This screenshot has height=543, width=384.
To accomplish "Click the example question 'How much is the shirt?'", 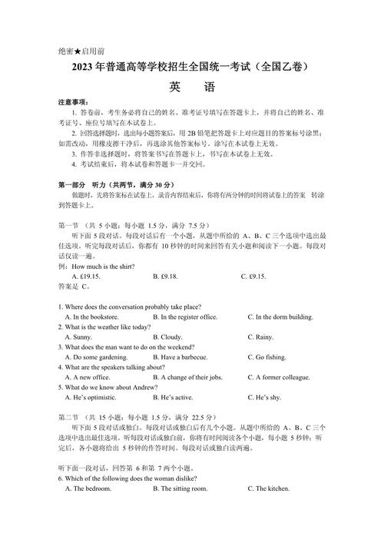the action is [x=101, y=267].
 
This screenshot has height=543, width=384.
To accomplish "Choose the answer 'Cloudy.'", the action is [x=168, y=336].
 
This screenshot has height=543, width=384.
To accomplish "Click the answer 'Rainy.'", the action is [x=261, y=336].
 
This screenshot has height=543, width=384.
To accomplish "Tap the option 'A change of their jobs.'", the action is [x=188, y=377].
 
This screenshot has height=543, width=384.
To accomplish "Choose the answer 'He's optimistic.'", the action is [x=91, y=397].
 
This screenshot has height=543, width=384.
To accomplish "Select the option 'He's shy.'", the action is [x=265, y=397].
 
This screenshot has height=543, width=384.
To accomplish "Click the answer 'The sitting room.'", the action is [x=181, y=488].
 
